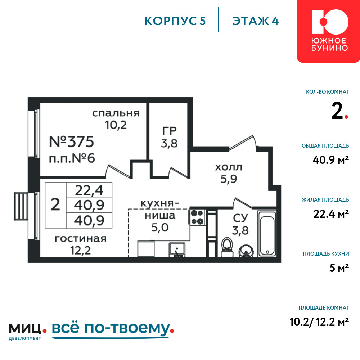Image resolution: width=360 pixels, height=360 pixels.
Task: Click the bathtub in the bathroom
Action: (267, 234)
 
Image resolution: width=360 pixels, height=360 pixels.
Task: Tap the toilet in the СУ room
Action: (227, 247)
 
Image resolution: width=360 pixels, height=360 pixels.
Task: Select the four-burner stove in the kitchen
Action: (197, 217)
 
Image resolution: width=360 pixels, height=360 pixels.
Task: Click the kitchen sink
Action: (177, 249)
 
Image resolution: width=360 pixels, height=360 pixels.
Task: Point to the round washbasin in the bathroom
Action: (246, 251)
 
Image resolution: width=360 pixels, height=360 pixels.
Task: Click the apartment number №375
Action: (72, 141)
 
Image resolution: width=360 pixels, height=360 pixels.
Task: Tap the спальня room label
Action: (116, 113)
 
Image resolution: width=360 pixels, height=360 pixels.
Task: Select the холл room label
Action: (229, 167)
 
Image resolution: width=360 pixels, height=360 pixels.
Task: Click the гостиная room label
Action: (81, 239)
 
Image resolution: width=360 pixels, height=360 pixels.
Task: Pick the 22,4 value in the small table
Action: (89, 190)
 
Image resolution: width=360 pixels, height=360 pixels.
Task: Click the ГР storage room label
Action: (170, 131)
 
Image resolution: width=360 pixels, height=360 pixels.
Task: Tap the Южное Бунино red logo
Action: (329, 31)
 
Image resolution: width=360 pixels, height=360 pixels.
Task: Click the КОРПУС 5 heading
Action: (175, 21)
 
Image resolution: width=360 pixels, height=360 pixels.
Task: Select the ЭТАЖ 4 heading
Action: (256, 21)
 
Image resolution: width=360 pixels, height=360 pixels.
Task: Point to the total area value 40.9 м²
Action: (331, 159)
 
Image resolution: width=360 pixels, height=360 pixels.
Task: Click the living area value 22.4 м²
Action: (331, 214)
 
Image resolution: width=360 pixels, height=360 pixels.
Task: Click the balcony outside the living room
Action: (21, 206)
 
